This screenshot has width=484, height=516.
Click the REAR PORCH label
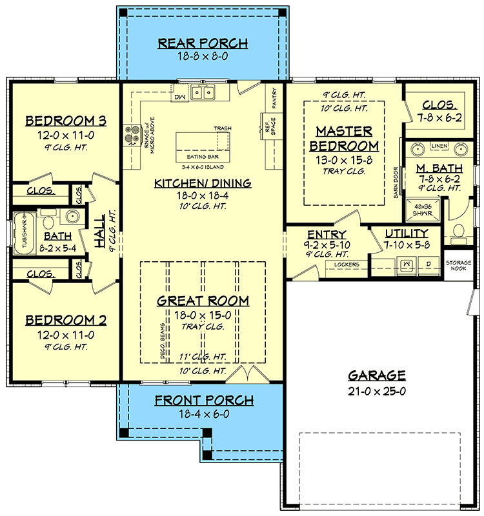coord(203,43)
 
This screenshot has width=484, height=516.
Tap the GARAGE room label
coord(377,375)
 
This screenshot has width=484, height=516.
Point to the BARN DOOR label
coord(396,182)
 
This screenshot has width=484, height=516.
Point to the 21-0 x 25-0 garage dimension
coord(377,390)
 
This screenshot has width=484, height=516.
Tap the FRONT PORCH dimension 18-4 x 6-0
coord(204,415)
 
